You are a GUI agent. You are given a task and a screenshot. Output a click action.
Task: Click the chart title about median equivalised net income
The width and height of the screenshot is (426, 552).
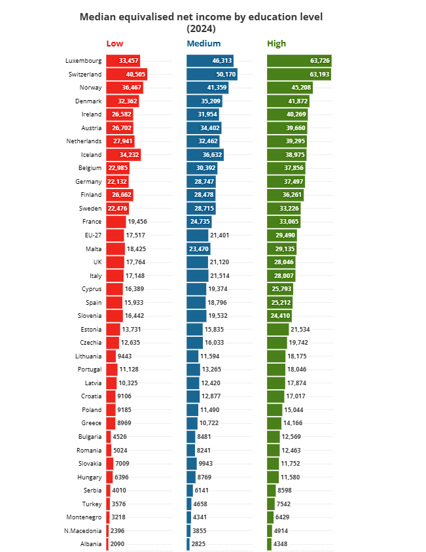click(201, 22)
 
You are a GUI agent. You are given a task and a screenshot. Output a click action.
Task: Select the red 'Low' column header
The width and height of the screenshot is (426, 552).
click(115, 44)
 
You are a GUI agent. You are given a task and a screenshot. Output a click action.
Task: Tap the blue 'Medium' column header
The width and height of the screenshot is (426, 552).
click(204, 44)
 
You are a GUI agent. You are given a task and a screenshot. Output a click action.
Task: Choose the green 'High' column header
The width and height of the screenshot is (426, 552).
click(276, 44)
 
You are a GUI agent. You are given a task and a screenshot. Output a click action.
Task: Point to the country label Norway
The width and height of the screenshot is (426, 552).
click(90, 88)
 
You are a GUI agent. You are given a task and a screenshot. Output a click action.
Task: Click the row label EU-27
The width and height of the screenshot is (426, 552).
click(92, 235)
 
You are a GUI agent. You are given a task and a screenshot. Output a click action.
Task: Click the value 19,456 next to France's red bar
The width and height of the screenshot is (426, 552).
click(137, 222)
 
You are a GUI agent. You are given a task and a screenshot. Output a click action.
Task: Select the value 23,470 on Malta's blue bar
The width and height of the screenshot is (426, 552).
click(198, 249)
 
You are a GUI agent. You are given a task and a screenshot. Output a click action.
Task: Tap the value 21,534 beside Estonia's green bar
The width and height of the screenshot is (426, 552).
click(300, 329)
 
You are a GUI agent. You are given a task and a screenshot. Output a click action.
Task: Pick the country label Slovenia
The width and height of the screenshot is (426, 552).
click(90, 315)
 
